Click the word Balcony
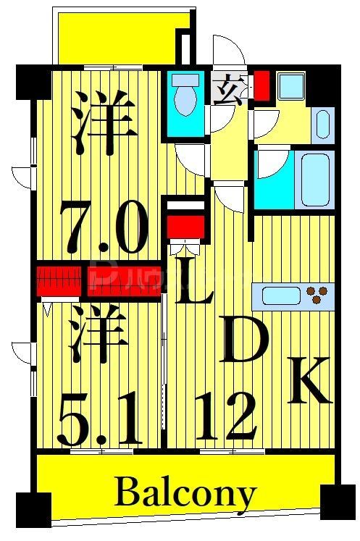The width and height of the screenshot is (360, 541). tap(185, 495)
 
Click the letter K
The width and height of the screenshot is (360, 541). tap(310, 380)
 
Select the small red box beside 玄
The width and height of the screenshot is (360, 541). tap(261, 85)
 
